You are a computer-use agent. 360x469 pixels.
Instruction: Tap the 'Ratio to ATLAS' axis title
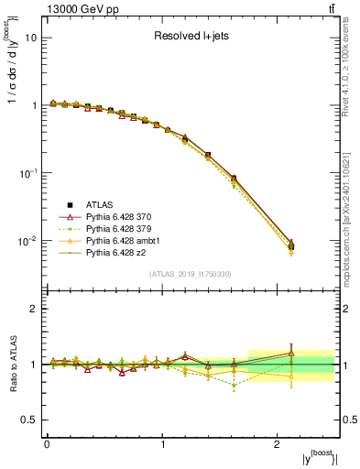[12, 365]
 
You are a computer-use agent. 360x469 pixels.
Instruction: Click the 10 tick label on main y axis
[30, 38]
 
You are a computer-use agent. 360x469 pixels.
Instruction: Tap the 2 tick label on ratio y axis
[34, 310]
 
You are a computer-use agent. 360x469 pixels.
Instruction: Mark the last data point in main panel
[290, 245]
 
